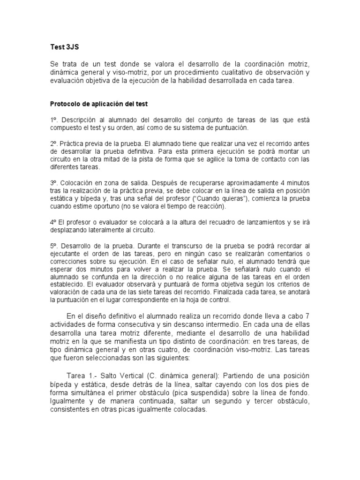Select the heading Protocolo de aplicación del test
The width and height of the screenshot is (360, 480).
tap(99, 104)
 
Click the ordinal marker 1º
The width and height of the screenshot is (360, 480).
tap(54, 120)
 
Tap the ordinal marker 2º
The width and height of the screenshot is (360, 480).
tap(54, 143)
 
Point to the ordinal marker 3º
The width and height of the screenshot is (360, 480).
tap(54, 182)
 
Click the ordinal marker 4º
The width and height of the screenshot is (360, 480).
tap(53, 222)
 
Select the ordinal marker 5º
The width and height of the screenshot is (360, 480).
tap(54, 245)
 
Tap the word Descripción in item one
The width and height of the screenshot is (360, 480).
tap(79, 120)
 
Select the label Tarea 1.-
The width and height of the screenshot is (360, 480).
tap(81, 376)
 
